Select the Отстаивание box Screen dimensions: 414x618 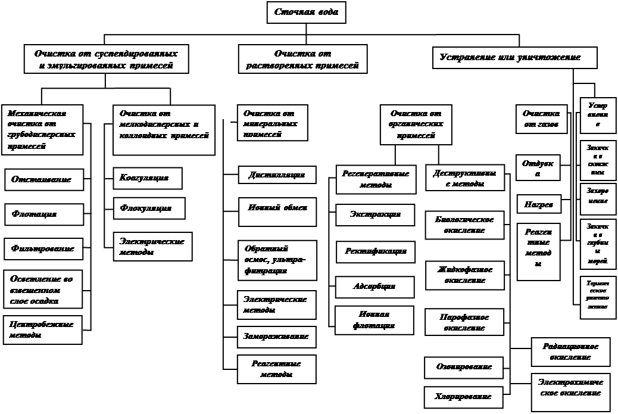[x=44, y=179]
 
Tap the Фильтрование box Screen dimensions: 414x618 [x=43, y=248]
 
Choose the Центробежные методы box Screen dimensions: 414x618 [x=43, y=331]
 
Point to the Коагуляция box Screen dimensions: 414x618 [x=147, y=178]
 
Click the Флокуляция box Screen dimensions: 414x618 [x=149, y=208]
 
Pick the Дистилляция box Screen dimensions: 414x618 [x=277, y=175]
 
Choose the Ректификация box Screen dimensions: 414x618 [x=376, y=251]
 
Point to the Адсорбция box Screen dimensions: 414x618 [x=374, y=287]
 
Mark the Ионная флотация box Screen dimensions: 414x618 [x=374, y=320]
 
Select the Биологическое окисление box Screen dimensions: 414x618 [x=464, y=225]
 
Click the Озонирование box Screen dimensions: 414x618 [x=464, y=367]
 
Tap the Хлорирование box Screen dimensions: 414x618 [x=464, y=396]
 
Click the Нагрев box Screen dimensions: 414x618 [x=538, y=204]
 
